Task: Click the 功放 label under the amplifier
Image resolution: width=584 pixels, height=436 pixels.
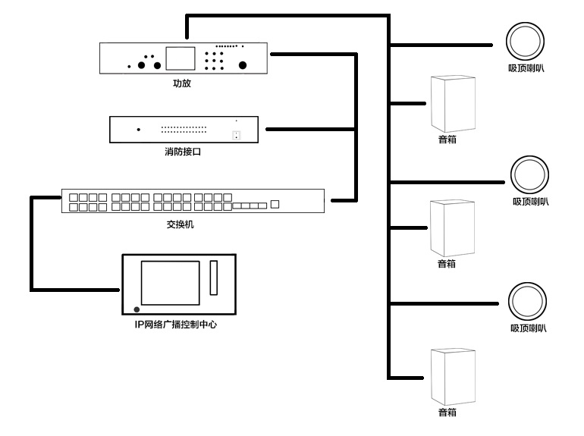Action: click(x=181, y=84)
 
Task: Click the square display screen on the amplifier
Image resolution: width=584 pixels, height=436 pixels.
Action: click(x=181, y=59)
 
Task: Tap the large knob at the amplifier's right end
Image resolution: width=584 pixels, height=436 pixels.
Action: click(x=243, y=64)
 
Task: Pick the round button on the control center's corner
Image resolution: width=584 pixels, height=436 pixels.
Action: click(x=137, y=309)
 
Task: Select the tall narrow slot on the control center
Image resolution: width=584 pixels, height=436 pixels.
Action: click(x=214, y=278)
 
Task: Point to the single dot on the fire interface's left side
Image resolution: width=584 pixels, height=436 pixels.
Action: click(x=138, y=130)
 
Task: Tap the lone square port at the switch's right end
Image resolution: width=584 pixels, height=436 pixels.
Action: click(x=275, y=204)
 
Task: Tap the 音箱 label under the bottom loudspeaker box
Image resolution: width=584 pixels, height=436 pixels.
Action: click(x=447, y=412)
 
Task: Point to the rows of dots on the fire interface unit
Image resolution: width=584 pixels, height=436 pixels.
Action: click(x=184, y=129)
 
